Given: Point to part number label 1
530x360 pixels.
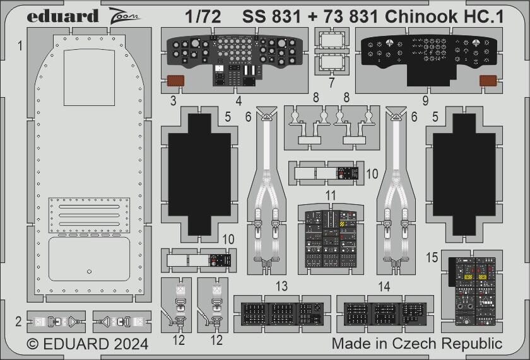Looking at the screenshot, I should [x=21, y=45].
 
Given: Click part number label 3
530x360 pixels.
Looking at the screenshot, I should [x=173, y=99].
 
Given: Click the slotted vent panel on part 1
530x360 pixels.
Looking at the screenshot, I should [x=90, y=214].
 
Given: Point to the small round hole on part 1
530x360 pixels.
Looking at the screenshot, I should [x=89, y=272].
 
